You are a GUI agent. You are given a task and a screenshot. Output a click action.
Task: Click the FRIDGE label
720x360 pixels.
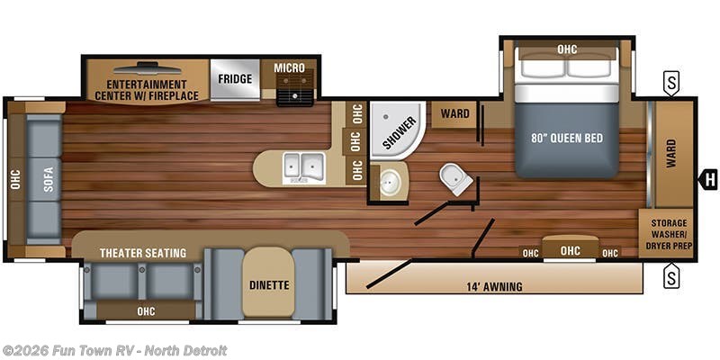[235, 78]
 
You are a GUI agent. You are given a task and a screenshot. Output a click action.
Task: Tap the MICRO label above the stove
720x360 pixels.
[289, 68]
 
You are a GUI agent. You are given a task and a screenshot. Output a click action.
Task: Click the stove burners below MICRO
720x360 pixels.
[294, 94]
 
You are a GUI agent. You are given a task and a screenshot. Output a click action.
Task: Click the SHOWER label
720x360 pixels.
[399, 131]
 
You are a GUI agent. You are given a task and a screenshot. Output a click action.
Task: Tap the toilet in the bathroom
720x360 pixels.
[456, 178]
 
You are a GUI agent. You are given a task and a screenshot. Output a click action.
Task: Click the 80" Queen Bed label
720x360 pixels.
[567, 138]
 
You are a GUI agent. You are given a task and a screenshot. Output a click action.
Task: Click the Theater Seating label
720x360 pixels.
[143, 253]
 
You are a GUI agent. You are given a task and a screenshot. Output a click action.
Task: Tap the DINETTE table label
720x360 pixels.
[268, 285]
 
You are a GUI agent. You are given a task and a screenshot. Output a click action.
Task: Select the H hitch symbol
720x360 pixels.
[710, 179]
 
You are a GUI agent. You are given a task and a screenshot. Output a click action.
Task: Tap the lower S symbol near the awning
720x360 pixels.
[671, 277]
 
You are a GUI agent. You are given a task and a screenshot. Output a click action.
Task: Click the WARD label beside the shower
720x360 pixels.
[454, 113]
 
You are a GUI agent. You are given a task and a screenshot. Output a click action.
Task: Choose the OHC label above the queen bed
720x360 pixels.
[567, 49]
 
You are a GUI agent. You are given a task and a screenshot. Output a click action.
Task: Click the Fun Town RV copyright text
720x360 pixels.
[114, 350]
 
